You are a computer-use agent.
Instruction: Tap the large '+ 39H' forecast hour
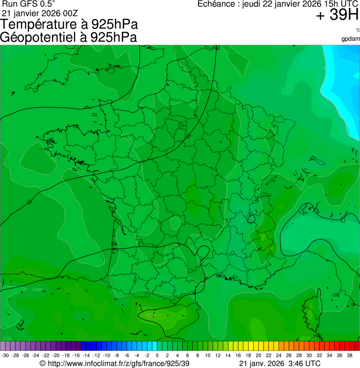click(337, 15)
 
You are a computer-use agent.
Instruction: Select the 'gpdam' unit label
click(351, 38)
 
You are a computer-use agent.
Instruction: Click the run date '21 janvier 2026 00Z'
click(40, 13)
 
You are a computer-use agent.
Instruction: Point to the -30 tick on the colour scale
click(5, 355)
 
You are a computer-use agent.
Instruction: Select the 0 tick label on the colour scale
click(157, 355)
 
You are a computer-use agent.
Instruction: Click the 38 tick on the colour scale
click(349, 355)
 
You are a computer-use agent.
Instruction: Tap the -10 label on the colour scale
click(106, 355)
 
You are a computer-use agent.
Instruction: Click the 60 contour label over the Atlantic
click(29, 202)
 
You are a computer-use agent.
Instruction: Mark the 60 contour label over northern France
click(188, 136)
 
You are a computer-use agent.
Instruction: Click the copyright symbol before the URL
click(42, 363)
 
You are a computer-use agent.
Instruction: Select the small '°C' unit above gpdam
click(357, 30)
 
